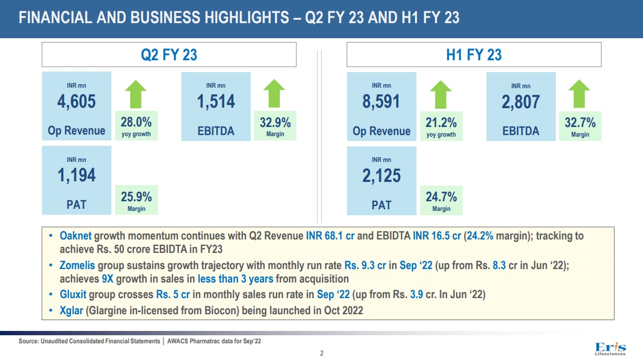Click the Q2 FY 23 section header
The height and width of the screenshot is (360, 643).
pos(169,54)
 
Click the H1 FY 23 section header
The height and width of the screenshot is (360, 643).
pos(474,54)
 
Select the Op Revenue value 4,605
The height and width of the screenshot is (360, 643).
pos(76,101)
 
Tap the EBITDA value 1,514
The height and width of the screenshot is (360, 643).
pos(216,101)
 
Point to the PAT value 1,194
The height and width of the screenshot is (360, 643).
pos(76,175)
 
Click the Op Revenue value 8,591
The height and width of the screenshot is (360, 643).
pos(381,101)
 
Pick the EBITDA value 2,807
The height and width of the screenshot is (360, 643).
pos(520,102)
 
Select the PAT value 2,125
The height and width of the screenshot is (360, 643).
pos(381,175)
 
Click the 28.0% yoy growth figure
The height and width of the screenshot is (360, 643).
pos(136,123)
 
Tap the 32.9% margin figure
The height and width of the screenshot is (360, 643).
pos(275,123)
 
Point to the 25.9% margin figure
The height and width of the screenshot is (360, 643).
pos(136,197)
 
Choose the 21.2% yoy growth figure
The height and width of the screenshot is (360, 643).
pos(441,123)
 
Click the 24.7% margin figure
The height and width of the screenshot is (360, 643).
pos(441,197)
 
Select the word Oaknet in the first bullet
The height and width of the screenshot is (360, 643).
pos(75,236)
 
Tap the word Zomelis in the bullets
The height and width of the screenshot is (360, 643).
pos(78,265)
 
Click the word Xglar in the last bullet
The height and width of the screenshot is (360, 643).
pos(71,310)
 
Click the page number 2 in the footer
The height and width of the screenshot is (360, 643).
pos(321,354)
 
